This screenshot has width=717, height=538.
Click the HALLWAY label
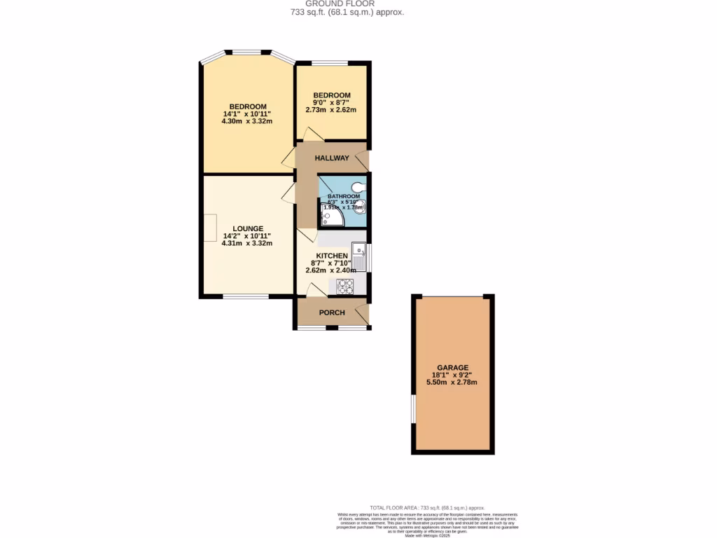point(332,158)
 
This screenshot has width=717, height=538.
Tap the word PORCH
point(332,312)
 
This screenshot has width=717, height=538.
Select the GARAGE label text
point(452,367)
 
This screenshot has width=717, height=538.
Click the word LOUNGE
point(248,228)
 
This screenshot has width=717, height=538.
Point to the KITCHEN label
point(332,256)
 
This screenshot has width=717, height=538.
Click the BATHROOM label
point(344,196)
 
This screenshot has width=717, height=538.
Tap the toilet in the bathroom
point(358,186)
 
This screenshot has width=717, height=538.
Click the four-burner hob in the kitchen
point(345,285)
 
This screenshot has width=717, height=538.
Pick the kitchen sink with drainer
point(358,256)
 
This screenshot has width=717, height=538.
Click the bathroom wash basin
point(359,205)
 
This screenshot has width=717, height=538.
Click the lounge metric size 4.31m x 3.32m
point(246,243)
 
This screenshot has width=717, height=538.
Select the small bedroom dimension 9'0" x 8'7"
point(331,102)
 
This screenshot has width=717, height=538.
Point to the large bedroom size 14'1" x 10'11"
point(247,113)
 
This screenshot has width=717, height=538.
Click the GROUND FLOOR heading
point(340,4)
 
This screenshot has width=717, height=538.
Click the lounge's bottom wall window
point(246,297)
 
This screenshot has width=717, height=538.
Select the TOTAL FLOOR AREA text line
point(427,507)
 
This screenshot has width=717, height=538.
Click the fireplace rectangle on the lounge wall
point(210,227)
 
